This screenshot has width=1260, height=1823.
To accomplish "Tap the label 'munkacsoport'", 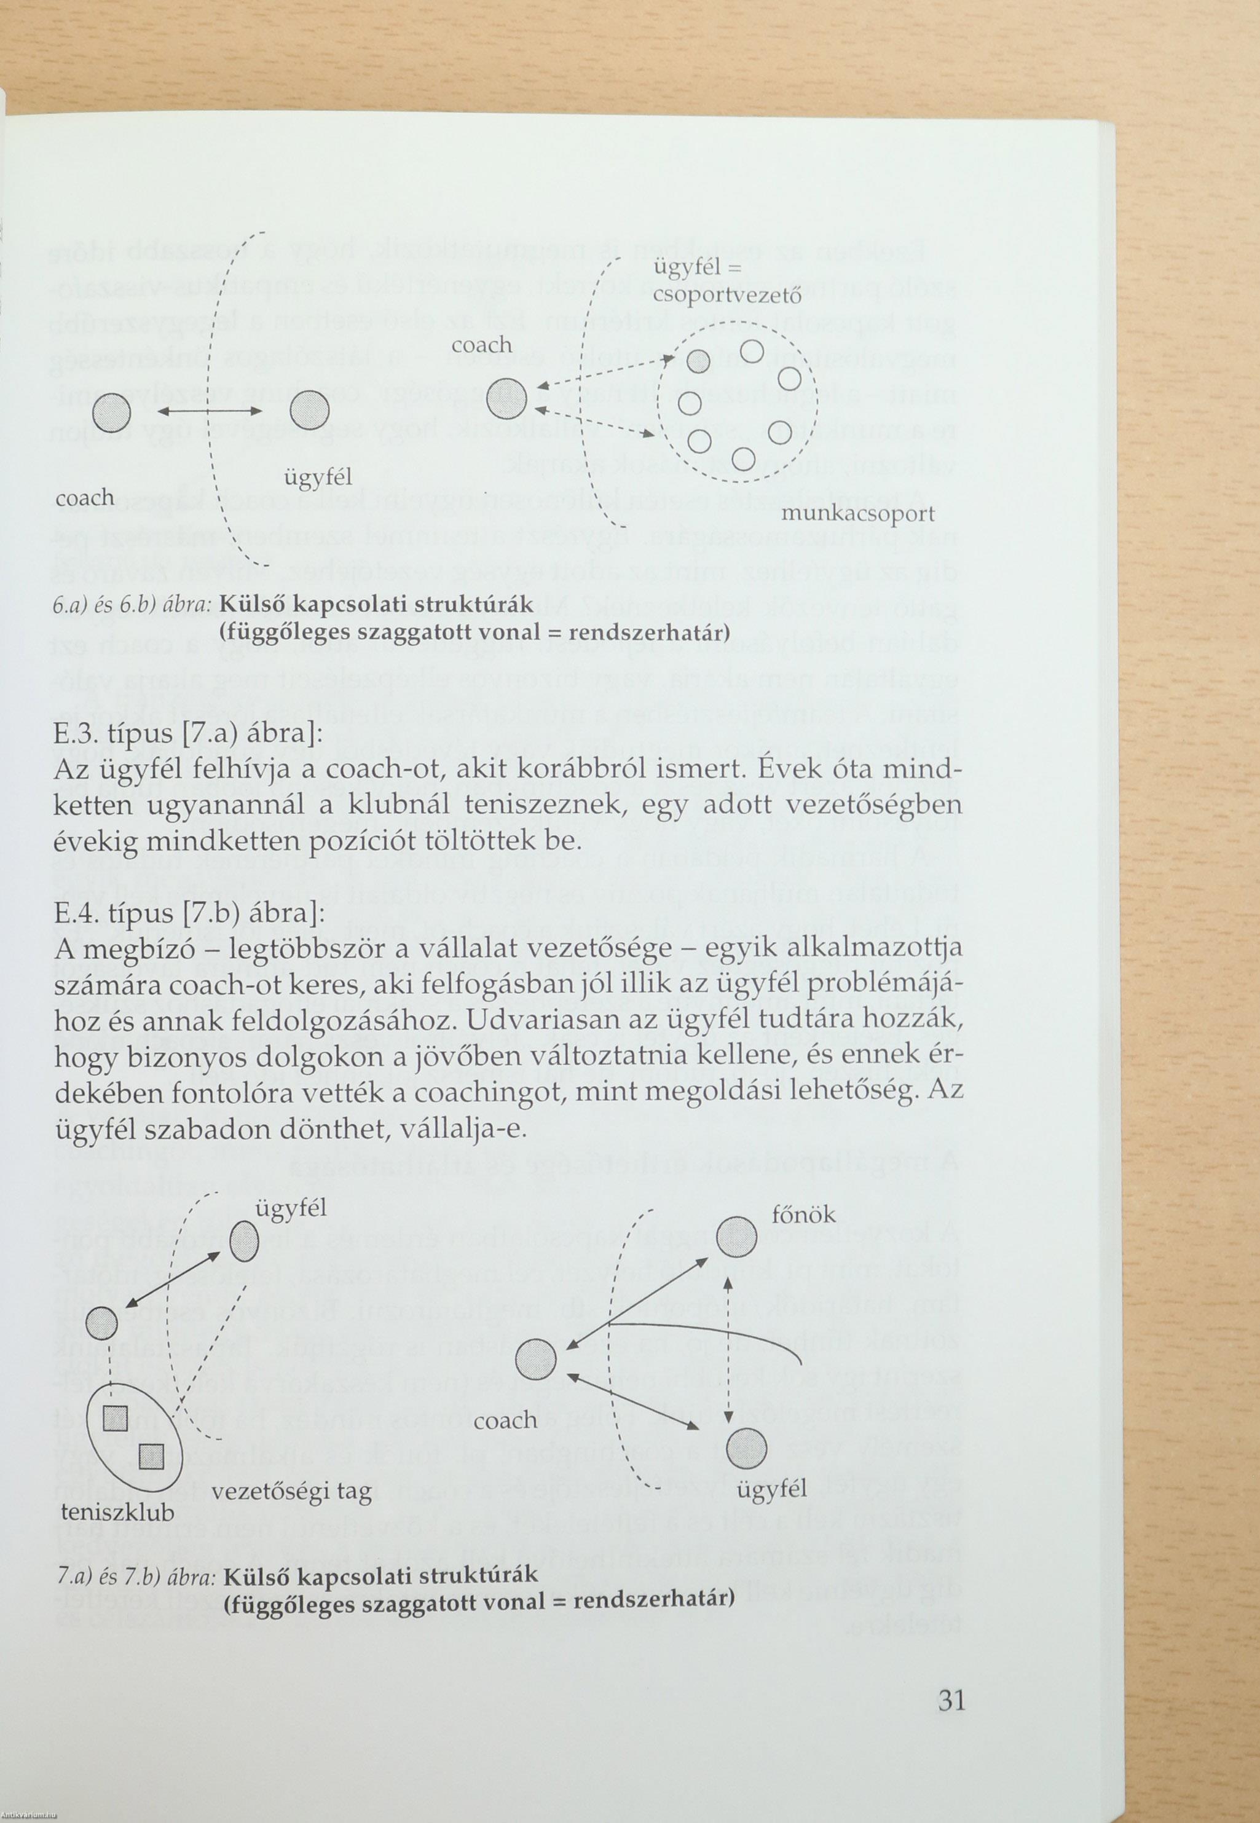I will coord(857,514).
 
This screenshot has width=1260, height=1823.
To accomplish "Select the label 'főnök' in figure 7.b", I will coord(803,1213).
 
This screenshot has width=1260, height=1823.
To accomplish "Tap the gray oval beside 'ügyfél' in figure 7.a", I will coord(245,1243).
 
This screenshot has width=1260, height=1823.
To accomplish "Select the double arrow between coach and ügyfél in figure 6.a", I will coord(210,411).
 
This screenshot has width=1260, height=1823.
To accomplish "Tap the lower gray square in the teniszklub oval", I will coord(151,1456).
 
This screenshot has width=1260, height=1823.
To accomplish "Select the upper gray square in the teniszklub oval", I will coord(116,1419).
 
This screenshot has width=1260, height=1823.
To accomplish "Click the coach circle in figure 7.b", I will coord(535,1360).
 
